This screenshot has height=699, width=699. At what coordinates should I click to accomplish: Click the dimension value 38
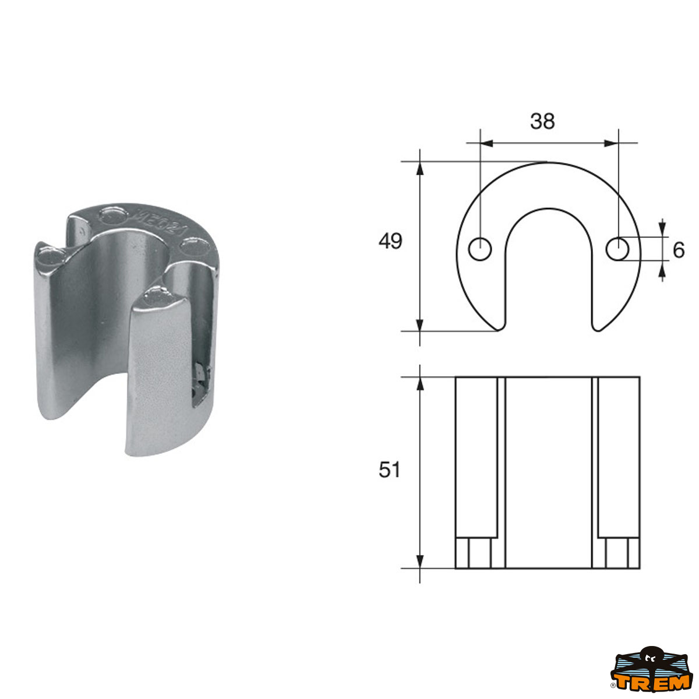pos(542,121)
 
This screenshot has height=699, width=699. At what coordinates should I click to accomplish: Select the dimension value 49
pos(390,241)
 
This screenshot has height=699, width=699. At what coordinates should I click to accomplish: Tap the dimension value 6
pos(678,250)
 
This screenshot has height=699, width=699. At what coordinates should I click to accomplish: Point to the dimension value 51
pos(390,469)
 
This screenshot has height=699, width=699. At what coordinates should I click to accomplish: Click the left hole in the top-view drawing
pos(480,249)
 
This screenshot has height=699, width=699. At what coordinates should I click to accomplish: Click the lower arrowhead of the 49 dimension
pos(419,324)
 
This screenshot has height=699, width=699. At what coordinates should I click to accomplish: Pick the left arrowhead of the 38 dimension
pos(486,142)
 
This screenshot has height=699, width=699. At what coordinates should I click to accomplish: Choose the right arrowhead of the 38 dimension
pos(611,142)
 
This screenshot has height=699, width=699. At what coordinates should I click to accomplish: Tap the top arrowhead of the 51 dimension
pos(419,383)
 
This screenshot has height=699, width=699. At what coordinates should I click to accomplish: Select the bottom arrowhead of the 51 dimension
pos(419,562)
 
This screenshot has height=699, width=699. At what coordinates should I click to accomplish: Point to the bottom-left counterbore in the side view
pos(473,553)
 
